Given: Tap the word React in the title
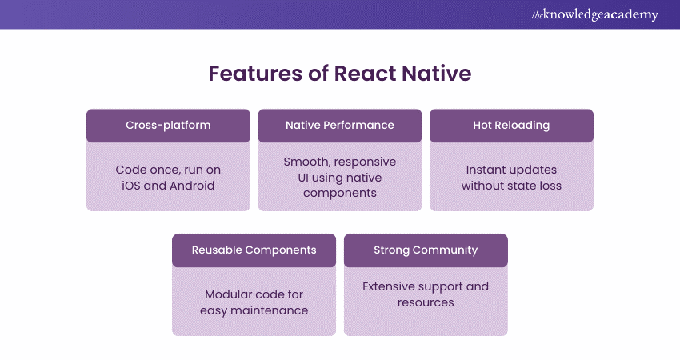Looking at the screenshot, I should pos(360,74).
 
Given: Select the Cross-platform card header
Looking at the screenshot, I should pos(168,125).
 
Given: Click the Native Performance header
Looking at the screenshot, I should pos(340,125).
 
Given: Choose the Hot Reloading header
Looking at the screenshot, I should pos(511,125).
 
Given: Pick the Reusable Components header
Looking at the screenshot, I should pos(254,250).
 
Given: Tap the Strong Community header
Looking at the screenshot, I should pos(426,250).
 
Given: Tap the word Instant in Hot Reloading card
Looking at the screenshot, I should pos(487,170).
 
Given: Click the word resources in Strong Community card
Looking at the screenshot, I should pos(426,302).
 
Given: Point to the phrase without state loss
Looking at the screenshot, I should pos(511,186).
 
